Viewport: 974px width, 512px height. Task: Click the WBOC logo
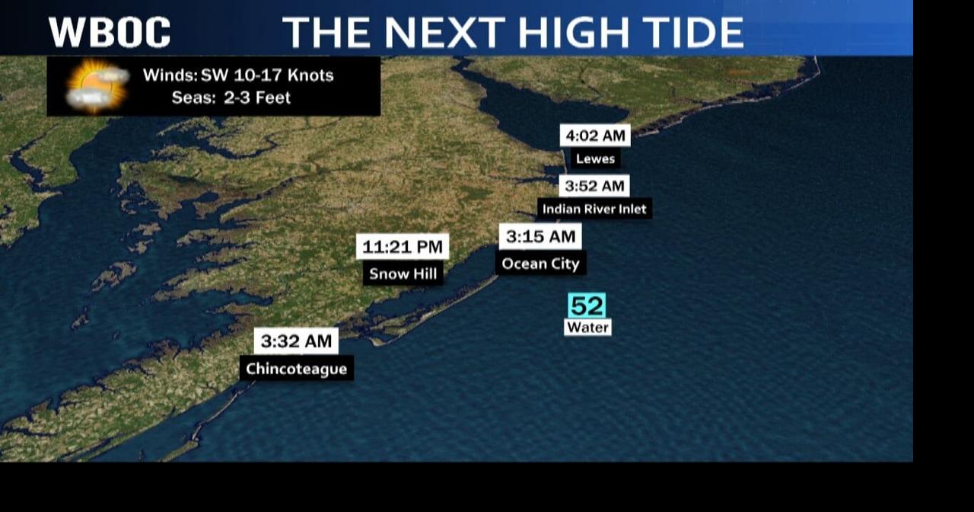[110, 32]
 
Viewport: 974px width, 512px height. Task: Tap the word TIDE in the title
[689, 33]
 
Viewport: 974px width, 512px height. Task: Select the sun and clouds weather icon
[97, 85]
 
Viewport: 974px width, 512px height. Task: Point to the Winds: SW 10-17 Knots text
[238, 75]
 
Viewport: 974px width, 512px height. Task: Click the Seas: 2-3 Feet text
[231, 98]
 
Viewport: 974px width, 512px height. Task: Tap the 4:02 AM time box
[595, 136]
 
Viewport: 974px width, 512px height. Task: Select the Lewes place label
[595, 158]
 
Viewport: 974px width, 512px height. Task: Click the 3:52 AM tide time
[594, 186]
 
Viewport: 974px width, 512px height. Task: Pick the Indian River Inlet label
[594, 209]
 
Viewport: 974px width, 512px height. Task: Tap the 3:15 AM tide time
[540, 236]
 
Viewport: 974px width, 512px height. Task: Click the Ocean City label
[540, 264]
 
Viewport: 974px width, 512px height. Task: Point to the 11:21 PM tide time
[403, 246]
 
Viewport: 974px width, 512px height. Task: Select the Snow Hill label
[403, 274]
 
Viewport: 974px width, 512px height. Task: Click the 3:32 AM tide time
[296, 341]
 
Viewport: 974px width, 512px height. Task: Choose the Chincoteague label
[296, 369]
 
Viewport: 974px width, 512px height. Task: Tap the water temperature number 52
[587, 306]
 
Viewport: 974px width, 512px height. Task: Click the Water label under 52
[587, 328]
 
